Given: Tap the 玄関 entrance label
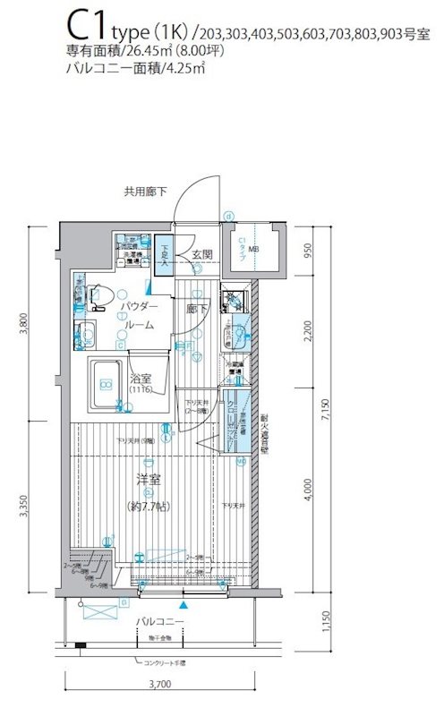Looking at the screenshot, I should (201, 255).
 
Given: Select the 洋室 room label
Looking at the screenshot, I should (148, 480).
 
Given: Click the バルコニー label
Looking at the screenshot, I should (160, 620).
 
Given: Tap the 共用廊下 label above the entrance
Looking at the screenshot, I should (145, 191).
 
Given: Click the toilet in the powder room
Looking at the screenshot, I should (100, 293).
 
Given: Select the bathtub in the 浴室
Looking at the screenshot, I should (107, 384).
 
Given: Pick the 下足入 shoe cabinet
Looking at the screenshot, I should (164, 255).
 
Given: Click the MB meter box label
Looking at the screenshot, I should (253, 250).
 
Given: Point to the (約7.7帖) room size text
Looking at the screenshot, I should (148, 505).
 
